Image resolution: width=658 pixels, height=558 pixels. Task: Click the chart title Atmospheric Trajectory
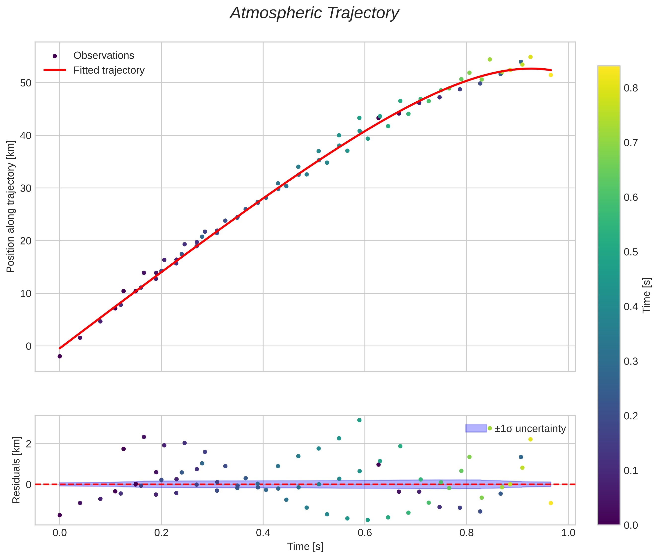pyautogui.click(x=314, y=13)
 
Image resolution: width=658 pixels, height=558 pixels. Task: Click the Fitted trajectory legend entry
pyautogui.click(x=109, y=70)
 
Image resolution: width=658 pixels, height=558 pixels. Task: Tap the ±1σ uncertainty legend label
pyautogui.click(x=530, y=429)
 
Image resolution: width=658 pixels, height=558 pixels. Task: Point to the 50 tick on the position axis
pyautogui.click(x=26, y=83)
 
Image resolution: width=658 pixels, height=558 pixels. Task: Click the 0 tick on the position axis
pyautogui.click(x=29, y=346)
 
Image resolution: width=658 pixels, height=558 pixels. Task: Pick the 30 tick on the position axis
pyautogui.click(x=26, y=188)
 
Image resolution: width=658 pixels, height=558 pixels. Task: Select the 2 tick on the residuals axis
pyautogui.click(x=29, y=444)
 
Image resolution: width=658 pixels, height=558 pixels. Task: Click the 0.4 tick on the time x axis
pyautogui.click(x=263, y=533)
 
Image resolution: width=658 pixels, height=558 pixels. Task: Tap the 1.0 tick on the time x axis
pyautogui.click(x=568, y=533)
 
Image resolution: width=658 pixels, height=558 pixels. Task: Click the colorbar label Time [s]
pyautogui.click(x=647, y=295)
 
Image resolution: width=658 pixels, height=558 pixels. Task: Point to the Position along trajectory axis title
pyautogui.click(x=11, y=206)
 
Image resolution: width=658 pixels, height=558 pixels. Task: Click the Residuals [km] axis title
pyautogui.click(x=16, y=470)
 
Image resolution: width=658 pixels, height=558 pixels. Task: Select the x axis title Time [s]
pyautogui.click(x=305, y=547)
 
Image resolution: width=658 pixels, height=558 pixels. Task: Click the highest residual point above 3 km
pyautogui.click(x=359, y=420)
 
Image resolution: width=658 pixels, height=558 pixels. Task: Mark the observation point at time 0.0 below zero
pyautogui.click(x=59, y=356)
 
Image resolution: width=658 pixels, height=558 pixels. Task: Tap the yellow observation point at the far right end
pyautogui.click(x=550, y=75)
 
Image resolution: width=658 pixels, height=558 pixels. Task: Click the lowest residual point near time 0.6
pyautogui.click(x=367, y=520)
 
